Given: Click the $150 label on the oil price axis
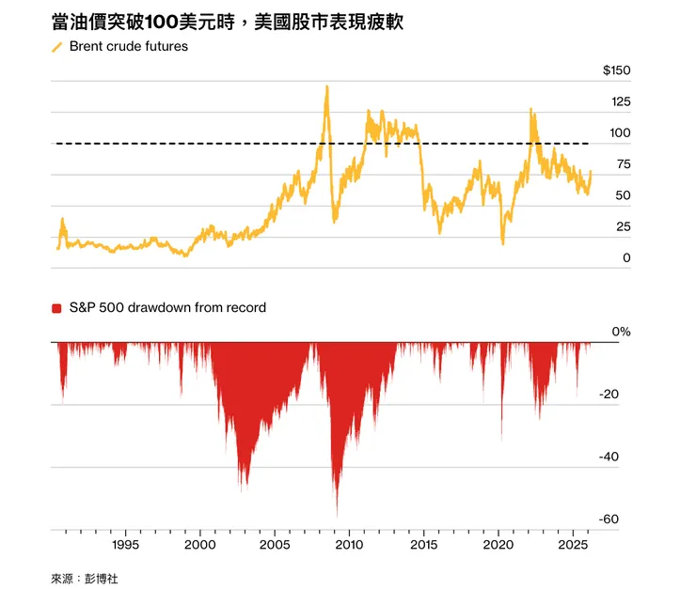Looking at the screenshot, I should point(617,71).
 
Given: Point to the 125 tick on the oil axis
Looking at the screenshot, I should point(621,102).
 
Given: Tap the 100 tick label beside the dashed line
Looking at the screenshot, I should point(621,133).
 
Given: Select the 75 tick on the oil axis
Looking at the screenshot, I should point(624,164).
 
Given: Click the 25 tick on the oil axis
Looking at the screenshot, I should point(624,226).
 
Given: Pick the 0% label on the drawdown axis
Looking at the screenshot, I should point(622,333).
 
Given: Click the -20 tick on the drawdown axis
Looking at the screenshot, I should point(609,395).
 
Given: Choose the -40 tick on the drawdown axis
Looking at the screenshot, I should point(609,457).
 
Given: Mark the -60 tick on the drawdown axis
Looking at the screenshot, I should point(609,519).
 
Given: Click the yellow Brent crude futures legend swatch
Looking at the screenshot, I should point(56,46).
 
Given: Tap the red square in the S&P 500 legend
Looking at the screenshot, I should point(56,308).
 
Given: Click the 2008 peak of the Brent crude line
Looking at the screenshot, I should point(326,87).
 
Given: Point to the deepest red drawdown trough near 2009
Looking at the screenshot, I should point(337,515).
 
